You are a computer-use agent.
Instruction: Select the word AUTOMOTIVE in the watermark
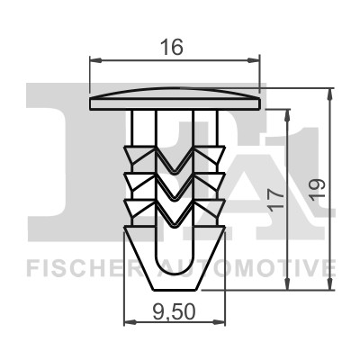pyautogui.click(x=252, y=267)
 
